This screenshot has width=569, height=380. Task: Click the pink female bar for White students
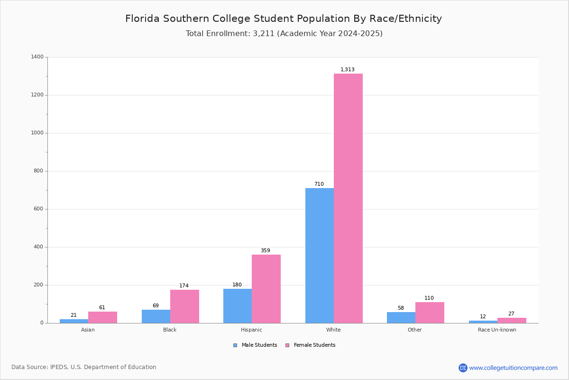tap(348, 198)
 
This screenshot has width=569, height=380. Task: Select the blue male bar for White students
tap(320, 256)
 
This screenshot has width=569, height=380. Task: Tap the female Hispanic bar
tap(266, 289)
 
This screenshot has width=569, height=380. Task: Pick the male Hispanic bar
tap(238, 306)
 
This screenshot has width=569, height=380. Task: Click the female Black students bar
tap(184, 306)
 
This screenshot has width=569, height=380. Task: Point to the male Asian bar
tap(74, 321)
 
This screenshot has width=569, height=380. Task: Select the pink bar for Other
tap(430, 313)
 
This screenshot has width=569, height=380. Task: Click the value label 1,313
tap(347, 69)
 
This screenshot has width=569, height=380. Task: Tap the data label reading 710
tap(319, 184)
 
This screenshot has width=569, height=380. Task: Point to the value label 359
tap(266, 250)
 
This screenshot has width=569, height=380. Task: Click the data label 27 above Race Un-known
tap(511, 313)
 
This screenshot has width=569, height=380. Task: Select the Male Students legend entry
tap(255, 345)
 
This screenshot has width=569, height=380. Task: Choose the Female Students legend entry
tap(311, 345)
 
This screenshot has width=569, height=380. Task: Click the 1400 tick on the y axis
tap(37, 57)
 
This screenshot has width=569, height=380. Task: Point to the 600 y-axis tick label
tap(38, 209)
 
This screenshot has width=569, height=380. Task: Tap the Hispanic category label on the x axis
tap(251, 330)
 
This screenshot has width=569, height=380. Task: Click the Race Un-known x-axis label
tap(497, 330)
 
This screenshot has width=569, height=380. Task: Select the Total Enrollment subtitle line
tap(284, 33)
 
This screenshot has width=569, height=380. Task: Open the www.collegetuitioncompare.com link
tap(513, 368)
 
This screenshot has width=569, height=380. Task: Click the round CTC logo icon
tap(463, 368)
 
